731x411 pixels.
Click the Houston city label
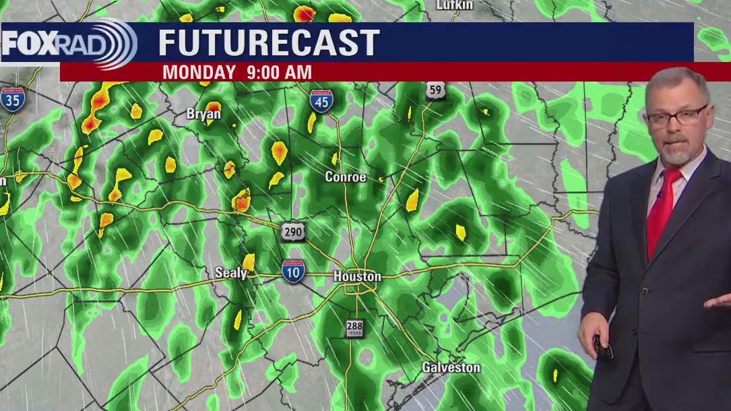[357, 276]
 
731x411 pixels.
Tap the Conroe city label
[346, 177]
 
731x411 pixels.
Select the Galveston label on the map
[451, 367]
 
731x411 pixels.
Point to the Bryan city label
[203, 115]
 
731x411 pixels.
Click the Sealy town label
[230, 273]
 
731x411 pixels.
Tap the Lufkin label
[455, 5]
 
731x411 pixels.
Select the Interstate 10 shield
[293, 270]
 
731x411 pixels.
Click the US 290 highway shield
[293, 232]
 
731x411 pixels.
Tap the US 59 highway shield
[435, 90]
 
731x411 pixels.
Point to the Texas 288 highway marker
[354, 328]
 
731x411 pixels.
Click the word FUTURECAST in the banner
[269, 43]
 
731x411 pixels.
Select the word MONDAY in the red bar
[199, 72]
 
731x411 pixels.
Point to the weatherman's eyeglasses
[675, 116]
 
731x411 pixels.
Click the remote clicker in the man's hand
[602, 346]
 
